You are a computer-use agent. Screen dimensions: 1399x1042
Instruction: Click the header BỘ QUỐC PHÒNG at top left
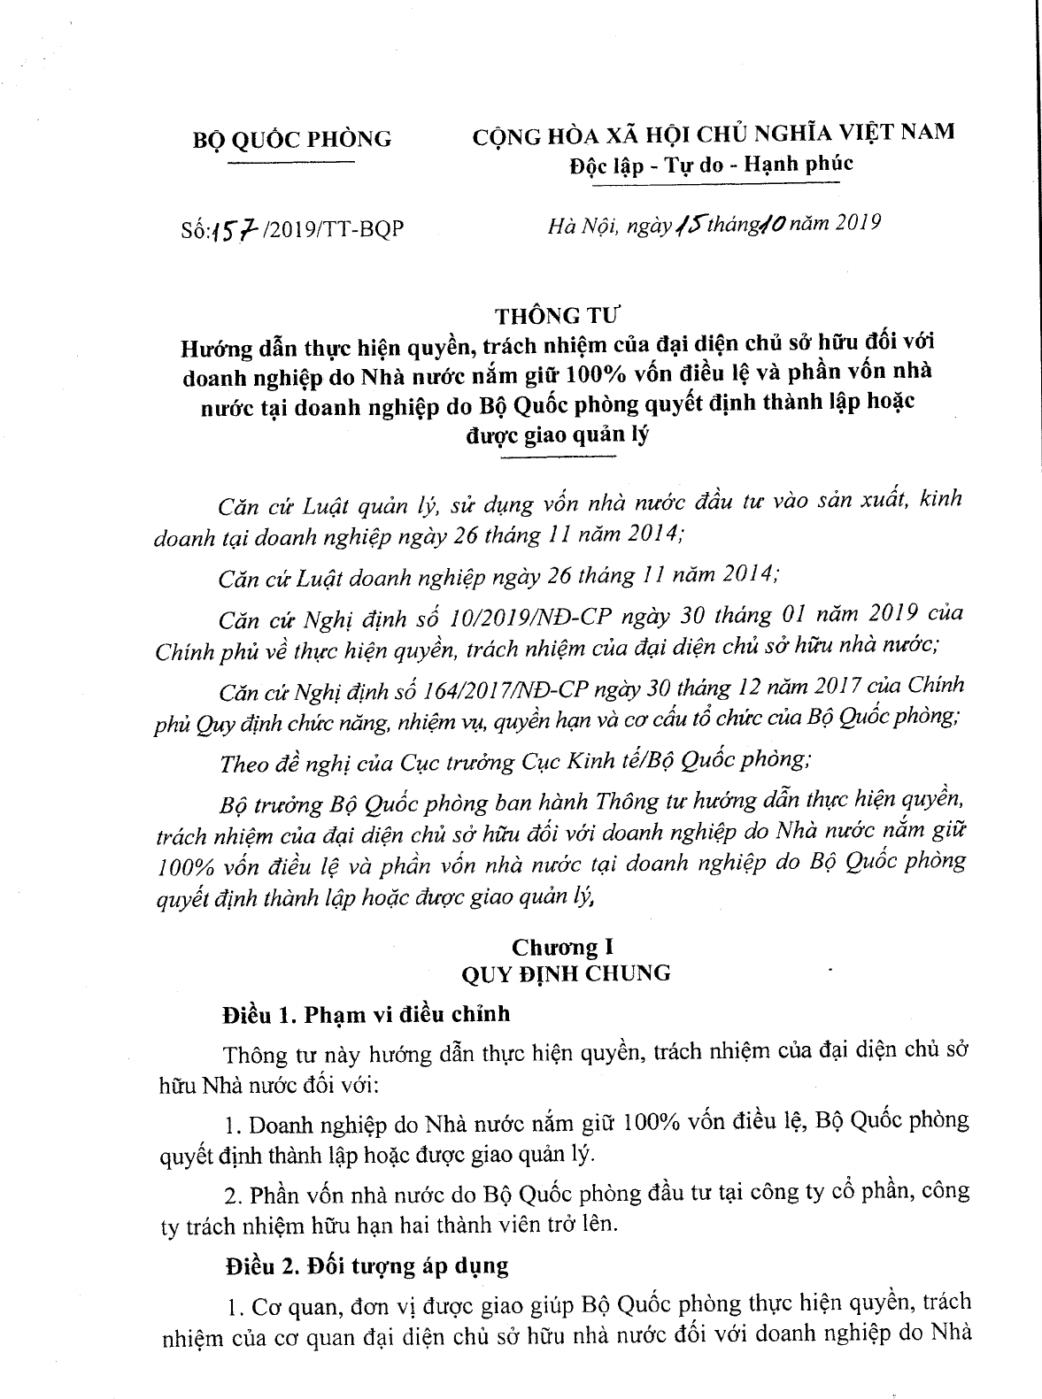291,139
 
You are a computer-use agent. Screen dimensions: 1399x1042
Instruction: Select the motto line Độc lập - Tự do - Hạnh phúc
711,164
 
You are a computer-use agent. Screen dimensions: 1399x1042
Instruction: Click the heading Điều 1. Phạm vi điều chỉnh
366,1015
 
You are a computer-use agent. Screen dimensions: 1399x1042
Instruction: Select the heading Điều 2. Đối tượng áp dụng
366,1265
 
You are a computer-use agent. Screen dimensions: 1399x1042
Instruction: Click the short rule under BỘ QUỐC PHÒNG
291,163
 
